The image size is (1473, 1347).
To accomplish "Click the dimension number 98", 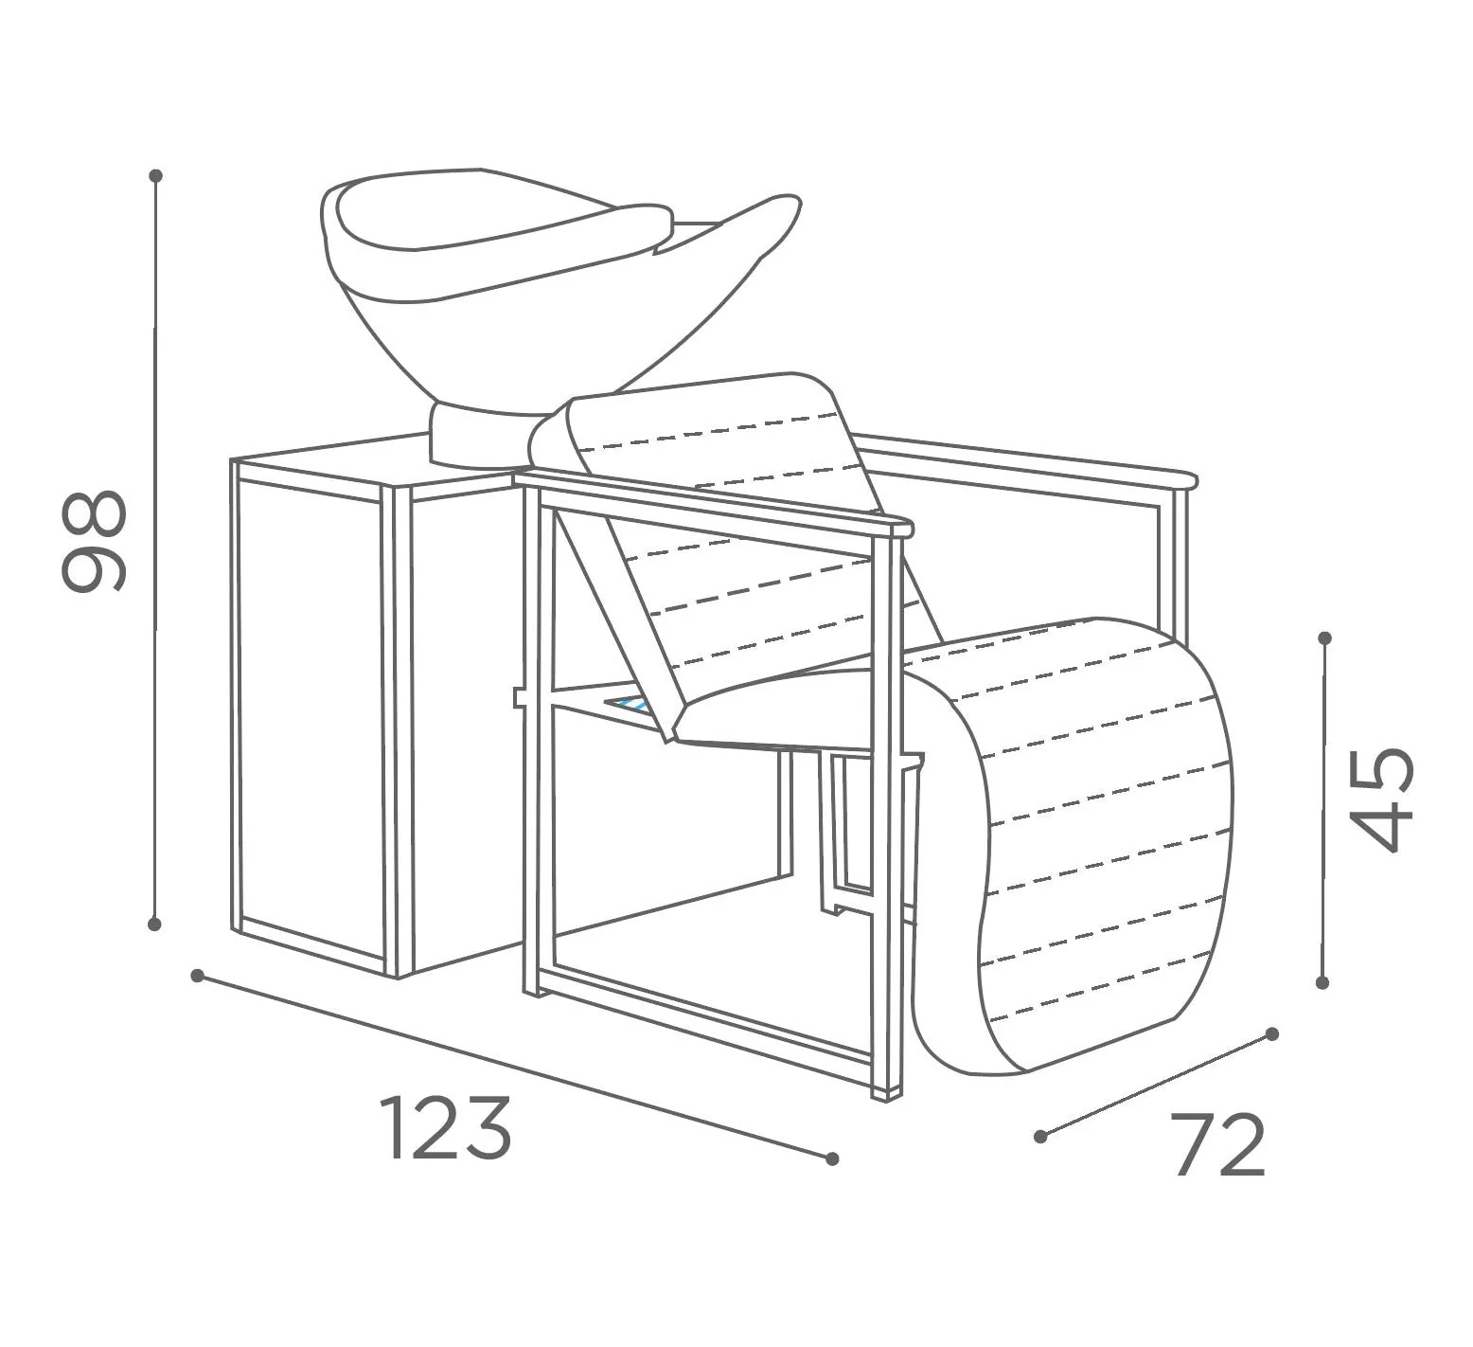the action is point(93,541).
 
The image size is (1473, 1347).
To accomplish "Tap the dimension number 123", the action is point(445,1128).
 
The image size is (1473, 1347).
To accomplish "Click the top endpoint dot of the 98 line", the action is point(156,175).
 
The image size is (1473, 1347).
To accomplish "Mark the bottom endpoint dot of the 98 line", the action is point(154,924).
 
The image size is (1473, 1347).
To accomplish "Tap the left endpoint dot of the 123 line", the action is point(197,975).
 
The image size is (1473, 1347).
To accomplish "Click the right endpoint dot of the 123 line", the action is point(832,1158).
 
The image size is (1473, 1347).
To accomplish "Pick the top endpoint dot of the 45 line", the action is point(1324,638).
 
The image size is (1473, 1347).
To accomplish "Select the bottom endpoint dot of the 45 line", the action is point(1322,982).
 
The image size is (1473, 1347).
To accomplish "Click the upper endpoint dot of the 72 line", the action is point(1272,1033).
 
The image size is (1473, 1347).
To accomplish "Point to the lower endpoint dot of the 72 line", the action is point(1041,1136).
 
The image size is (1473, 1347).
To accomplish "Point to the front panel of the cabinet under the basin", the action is point(312,710).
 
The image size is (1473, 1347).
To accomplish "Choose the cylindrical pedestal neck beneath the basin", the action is point(483,434).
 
